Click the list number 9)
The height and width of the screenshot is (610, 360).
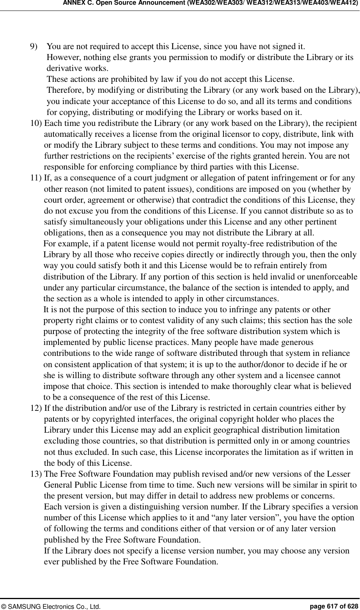point(35,48)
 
